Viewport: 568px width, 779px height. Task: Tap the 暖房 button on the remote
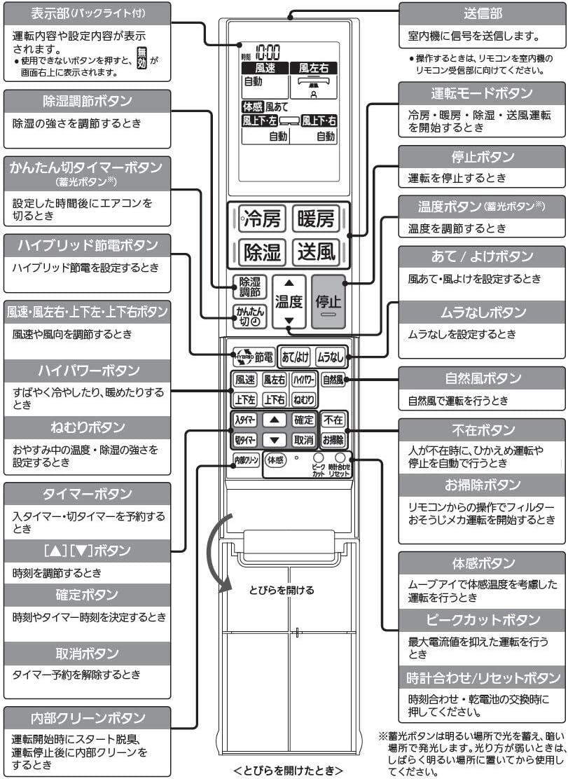[314, 219]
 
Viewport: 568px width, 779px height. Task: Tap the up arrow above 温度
[289, 284]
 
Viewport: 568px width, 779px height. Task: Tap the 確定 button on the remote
[303, 420]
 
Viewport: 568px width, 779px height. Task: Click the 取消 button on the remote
[303, 440]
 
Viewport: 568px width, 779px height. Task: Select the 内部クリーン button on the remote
[245, 460]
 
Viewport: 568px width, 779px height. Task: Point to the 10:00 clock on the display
[266, 52]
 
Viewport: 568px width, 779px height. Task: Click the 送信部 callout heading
[481, 13]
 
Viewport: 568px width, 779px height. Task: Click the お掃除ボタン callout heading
[482, 485]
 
